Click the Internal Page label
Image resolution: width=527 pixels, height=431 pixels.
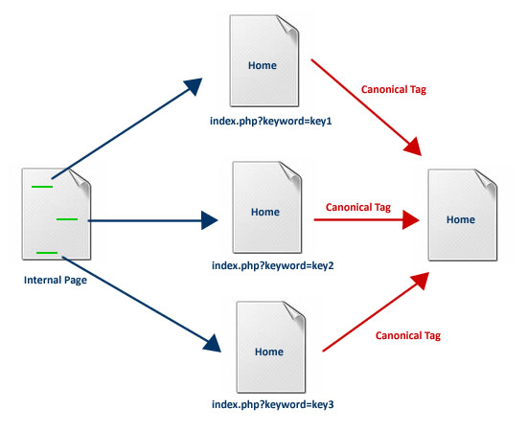[56, 280]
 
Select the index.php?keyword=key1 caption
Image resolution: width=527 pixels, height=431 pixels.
[270, 121]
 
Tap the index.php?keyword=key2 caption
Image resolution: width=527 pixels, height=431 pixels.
[272, 265]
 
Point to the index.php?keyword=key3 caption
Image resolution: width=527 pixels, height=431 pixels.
[272, 404]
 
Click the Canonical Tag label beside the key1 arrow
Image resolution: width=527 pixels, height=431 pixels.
[394, 89]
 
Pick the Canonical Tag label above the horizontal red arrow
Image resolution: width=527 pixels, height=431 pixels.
[358, 207]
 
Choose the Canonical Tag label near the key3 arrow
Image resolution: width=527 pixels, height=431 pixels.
[408, 335]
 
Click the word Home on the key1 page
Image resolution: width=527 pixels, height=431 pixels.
[263, 65]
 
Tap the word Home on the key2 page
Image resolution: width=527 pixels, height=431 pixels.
[265, 212]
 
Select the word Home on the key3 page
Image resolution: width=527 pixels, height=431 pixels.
[269, 352]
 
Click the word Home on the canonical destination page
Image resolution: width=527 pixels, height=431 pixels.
[461, 219]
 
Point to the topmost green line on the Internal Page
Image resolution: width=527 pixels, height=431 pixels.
[42, 187]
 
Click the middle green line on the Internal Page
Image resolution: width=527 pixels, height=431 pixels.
[67, 219]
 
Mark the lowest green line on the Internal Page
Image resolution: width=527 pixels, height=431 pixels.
[47, 253]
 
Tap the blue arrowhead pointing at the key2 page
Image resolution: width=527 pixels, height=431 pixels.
[209, 220]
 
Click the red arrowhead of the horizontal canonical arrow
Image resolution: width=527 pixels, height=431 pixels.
[410, 219]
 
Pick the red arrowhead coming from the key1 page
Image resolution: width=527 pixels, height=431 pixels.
[413, 147]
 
